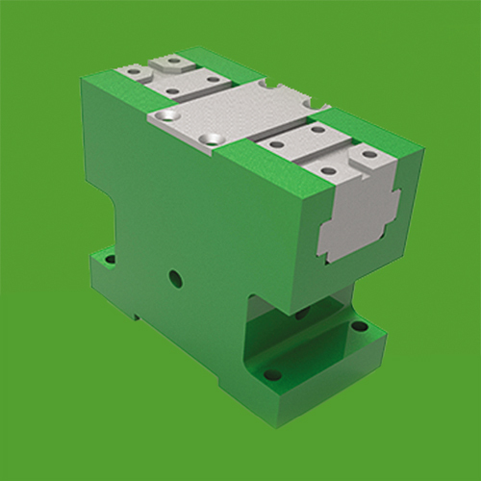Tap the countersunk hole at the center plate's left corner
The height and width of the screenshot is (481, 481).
click(x=170, y=114)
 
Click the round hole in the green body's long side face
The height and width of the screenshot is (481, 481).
click(x=175, y=279)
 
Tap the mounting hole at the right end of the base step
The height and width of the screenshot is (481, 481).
click(x=359, y=326)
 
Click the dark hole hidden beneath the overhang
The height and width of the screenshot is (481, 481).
click(x=300, y=314)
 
